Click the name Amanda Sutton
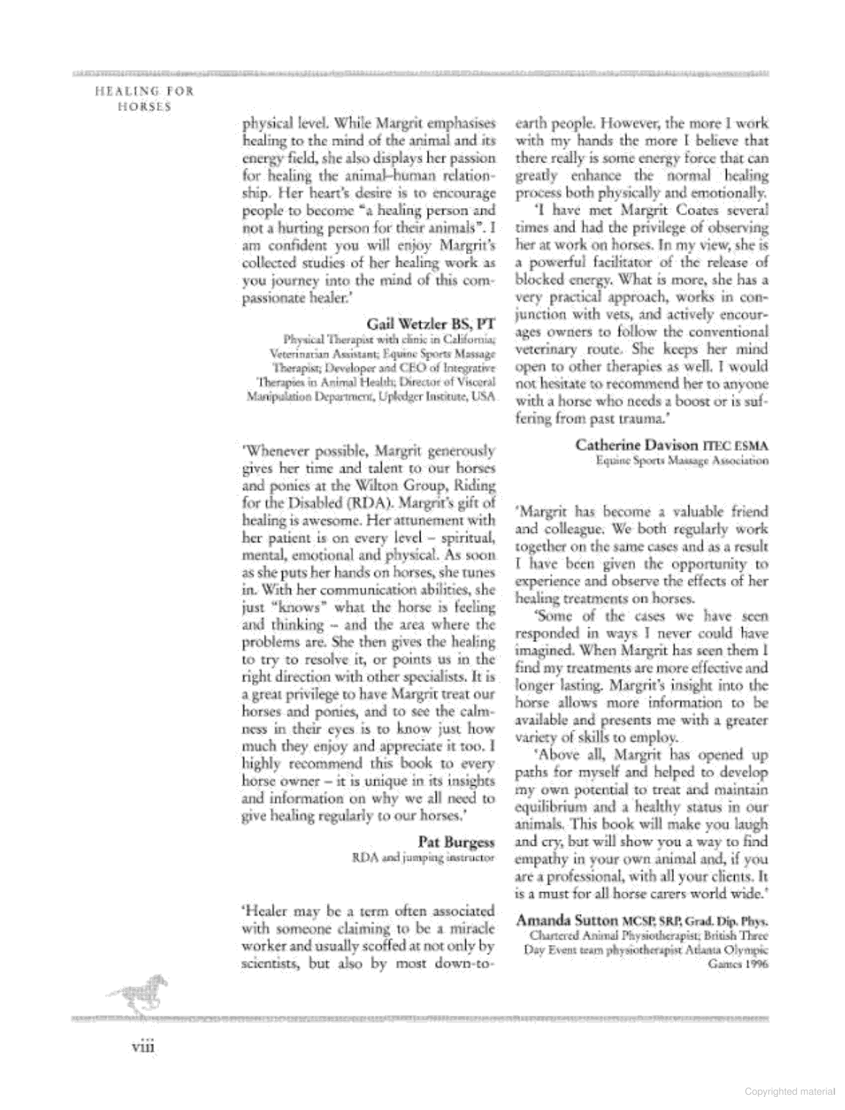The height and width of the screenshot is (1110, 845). pos(566,920)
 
